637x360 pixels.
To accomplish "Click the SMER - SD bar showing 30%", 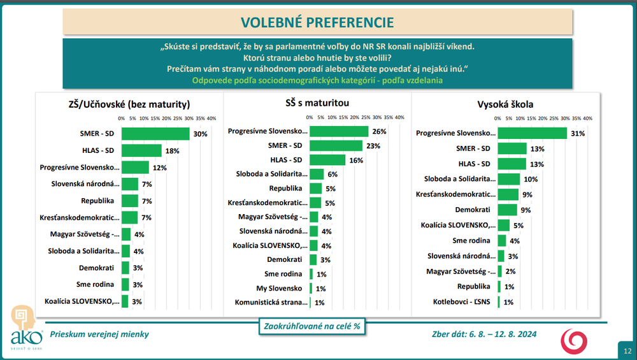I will pyautogui.click(x=155, y=134).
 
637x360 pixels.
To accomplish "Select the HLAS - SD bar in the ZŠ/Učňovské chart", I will pyautogui.click(x=141, y=150).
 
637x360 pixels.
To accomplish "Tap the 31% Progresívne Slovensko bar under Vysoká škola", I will pyautogui.click(x=532, y=133).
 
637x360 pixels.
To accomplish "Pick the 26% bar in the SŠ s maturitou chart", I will pyautogui.click(x=339, y=131).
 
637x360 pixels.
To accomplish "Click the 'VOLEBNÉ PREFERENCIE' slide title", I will pyautogui.click(x=317, y=22).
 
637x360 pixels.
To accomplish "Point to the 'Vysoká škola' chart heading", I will pyautogui.click(x=506, y=104).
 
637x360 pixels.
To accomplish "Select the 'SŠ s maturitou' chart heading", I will pyautogui.click(x=317, y=102).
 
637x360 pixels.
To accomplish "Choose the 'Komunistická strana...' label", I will pyautogui.click(x=271, y=303).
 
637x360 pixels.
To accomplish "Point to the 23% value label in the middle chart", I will pyautogui.click(x=373, y=146).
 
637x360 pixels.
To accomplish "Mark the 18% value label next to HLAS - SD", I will pyautogui.click(x=173, y=151).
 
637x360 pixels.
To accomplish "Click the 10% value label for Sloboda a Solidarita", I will pyautogui.click(x=531, y=179).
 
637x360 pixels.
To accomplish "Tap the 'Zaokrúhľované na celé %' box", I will pyautogui.click(x=311, y=326).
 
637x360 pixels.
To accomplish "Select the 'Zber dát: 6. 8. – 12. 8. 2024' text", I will pyautogui.click(x=483, y=334).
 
